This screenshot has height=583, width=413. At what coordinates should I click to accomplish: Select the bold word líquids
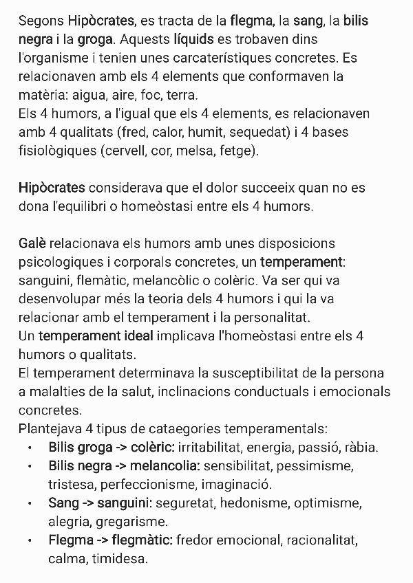pyautogui.click(x=198, y=40)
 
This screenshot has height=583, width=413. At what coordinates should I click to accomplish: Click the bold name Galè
pyautogui.click(x=32, y=243)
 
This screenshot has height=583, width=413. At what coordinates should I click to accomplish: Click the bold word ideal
pyautogui.click(x=132, y=336)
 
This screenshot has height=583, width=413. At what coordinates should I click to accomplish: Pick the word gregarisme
pyautogui.click(x=130, y=522)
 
